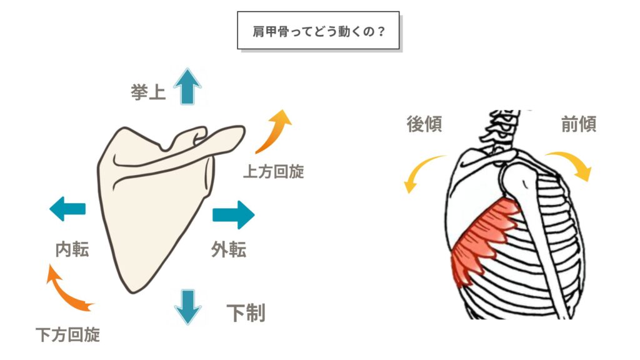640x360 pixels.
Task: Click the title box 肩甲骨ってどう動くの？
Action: [x=318, y=29]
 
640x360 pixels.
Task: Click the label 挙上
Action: [x=148, y=92]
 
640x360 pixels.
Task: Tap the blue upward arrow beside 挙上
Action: [x=186, y=86]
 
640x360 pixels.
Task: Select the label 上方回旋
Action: [x=273, y=171]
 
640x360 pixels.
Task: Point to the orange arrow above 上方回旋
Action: [x=274, y=131]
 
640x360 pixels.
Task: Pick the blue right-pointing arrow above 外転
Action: [x=233, y=215]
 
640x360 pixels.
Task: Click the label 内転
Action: [x=72, y=250]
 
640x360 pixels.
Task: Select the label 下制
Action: [x=246, y=312]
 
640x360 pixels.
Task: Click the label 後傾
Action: [x=424, y=124]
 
